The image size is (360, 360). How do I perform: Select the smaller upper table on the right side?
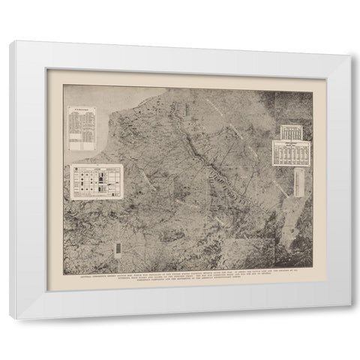290,132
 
